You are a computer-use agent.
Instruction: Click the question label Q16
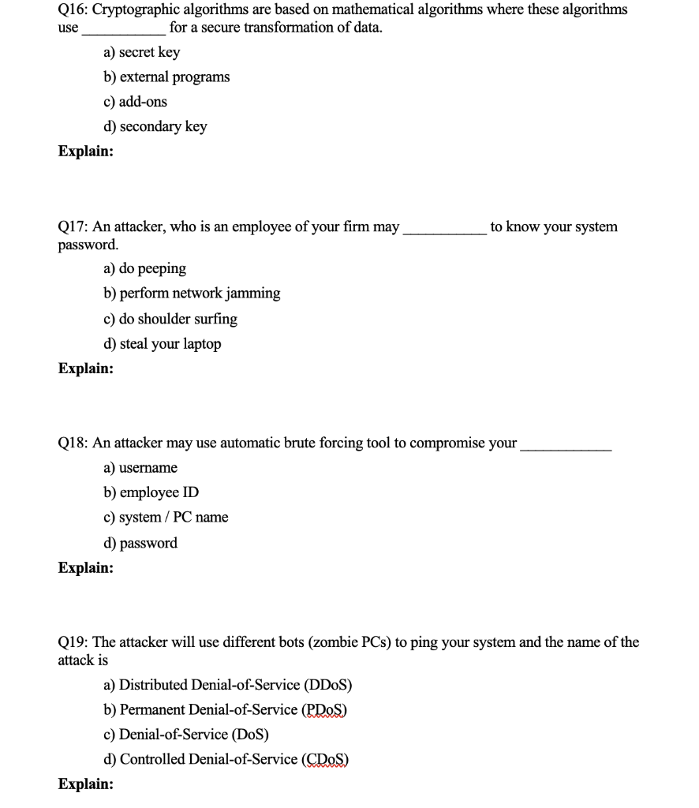(73, 9)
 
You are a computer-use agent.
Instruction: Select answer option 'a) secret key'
(141, 52)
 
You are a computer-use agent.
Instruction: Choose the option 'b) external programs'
(166, 77)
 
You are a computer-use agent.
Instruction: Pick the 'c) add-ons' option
(135, 102)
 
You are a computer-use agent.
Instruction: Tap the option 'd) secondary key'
(155, 126)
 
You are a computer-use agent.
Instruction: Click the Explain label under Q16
(85, 151)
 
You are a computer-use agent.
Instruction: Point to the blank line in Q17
(444, 229)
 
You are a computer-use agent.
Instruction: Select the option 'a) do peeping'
(144, 268)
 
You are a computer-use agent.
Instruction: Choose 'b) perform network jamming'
(192, 294)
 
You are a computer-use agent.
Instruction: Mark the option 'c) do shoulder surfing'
(170, 319)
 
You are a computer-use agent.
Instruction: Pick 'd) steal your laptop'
(162, 344)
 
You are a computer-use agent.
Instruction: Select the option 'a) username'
(140, 468)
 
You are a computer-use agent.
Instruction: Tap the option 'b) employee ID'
(151, 492)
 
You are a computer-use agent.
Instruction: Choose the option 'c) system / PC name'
(166, 518)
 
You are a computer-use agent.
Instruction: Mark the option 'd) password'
(140, 543)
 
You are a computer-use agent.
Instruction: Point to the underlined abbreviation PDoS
(324, 709)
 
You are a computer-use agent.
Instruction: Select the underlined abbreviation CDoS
(325, 759)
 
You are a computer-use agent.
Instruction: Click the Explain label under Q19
(85, 784)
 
